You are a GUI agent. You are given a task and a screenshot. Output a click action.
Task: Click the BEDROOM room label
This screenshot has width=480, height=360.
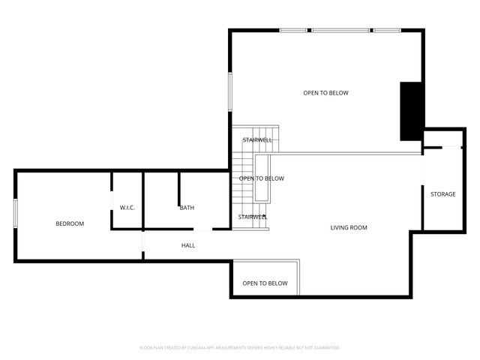[x=70, y=223]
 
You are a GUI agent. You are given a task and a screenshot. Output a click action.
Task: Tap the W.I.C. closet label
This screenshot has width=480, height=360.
[x=127, y=208]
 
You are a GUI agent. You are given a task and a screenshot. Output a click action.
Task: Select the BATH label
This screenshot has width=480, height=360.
[x=187, y=208]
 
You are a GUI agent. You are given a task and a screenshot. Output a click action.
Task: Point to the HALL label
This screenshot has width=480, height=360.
[x=188, y=245]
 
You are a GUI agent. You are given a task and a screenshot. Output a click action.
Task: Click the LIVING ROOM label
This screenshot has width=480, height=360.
[x=349, y=227]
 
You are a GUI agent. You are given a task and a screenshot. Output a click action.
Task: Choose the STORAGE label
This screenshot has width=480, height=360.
[x=442, y=194]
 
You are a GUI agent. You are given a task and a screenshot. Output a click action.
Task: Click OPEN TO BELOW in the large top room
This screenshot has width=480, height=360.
[x=325, y=93]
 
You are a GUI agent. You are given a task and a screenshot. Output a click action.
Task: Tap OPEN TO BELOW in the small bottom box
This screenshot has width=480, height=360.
[x=265, y=283]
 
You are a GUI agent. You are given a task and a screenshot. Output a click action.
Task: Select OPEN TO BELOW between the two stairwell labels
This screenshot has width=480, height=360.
[x=262, y=178]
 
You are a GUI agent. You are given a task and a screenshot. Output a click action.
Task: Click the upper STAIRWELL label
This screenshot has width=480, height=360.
[x=257, y=140]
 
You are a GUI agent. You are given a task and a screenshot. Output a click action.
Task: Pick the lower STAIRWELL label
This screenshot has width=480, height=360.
[x=253, y=217]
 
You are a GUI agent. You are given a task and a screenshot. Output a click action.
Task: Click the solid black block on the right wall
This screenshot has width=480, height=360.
[x=411, y=110]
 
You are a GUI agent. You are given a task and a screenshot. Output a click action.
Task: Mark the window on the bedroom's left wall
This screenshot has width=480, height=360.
[x=16, y=211]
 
